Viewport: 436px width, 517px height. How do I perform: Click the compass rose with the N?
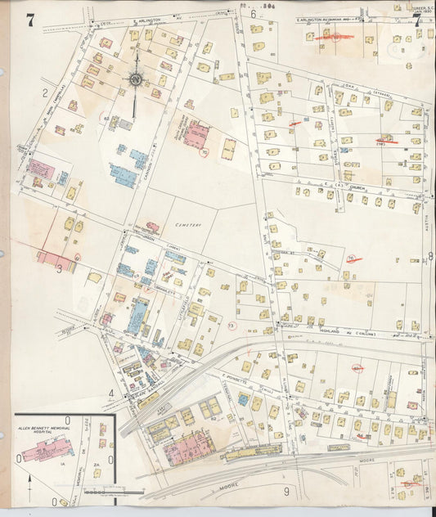point(134,80)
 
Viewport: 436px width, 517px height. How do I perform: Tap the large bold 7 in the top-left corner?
point(29,20)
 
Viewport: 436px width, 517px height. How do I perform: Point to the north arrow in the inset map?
point(30,478)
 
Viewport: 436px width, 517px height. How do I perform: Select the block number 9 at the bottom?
point(286,491)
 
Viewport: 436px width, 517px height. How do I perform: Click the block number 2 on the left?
point(45,92)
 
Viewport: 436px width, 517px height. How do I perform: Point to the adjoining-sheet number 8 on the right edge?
point(430,256)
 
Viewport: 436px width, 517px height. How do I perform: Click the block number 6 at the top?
point(253,14)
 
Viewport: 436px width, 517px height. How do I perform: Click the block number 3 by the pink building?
point(58,267)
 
